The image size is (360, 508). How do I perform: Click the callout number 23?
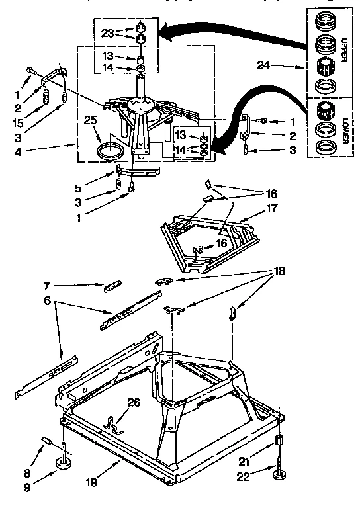click(x=108, y=32)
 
